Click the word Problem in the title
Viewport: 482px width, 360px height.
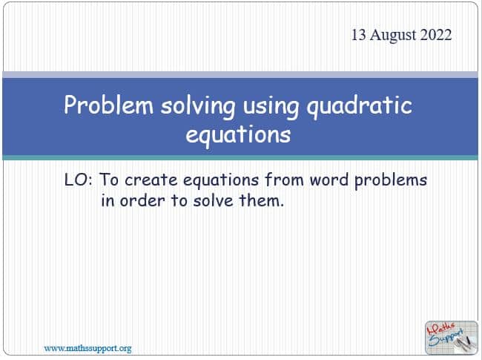[x=108, y=105]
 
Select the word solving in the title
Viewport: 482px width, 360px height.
[x=198, y=106]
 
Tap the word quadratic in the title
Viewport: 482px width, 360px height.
[x=360, y=106]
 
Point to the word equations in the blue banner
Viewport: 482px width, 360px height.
[x=238, y=135]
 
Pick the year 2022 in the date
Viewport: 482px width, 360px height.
[x=436, y=34]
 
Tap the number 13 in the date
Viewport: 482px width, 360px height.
[x=359, y=34]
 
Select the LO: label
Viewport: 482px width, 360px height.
[x=79, y=180]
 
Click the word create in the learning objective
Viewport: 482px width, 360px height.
[x=151, y=180]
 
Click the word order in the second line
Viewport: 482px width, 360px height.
[x=142, y=201]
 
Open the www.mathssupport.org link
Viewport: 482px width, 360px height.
[x=88, y=349]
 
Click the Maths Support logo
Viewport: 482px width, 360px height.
[x=452, y=338]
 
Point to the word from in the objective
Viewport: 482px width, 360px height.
[x=284, y=180]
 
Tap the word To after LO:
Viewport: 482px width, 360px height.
[x=109, y=180]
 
